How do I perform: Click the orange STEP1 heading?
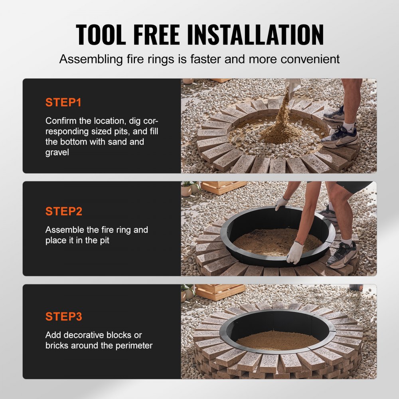[x=63, y=103]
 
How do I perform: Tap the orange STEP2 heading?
[x=64, y=211]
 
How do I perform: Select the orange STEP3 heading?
[x=64, y=317]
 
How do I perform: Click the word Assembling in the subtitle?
[x=91, y=59]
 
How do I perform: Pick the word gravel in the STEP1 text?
[x=57, y=152]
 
